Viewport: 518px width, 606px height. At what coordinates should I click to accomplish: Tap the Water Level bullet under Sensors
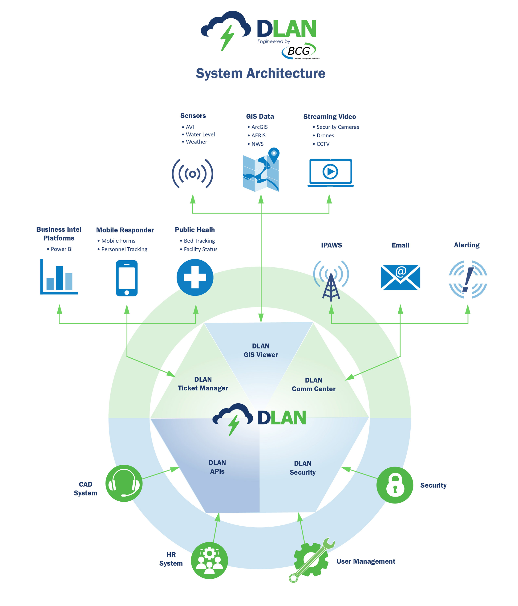(200, 135)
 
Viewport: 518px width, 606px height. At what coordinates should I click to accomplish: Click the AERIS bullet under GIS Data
(258, 135)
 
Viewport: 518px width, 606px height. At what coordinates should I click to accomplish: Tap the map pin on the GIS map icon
(274, 154)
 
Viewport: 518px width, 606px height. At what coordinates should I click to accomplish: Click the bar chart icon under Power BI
(59, 277)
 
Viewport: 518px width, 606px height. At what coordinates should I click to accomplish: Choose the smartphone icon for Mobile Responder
(127, 278)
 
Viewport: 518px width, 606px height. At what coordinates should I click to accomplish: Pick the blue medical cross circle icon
(195, 277)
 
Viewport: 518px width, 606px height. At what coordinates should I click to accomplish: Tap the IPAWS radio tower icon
(331, 280)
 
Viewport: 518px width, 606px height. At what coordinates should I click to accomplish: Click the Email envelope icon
(400, 277)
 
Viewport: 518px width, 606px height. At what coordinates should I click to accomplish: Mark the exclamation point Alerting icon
(467, 279)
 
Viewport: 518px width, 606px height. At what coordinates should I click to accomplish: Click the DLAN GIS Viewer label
(260, 350)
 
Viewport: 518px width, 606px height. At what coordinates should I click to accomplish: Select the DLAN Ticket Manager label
(203, 384)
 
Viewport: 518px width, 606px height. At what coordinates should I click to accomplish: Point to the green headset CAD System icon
(124, 483)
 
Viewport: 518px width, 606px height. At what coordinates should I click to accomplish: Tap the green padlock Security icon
(395, 485)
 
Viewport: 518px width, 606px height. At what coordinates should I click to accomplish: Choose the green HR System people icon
(209, 560)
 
